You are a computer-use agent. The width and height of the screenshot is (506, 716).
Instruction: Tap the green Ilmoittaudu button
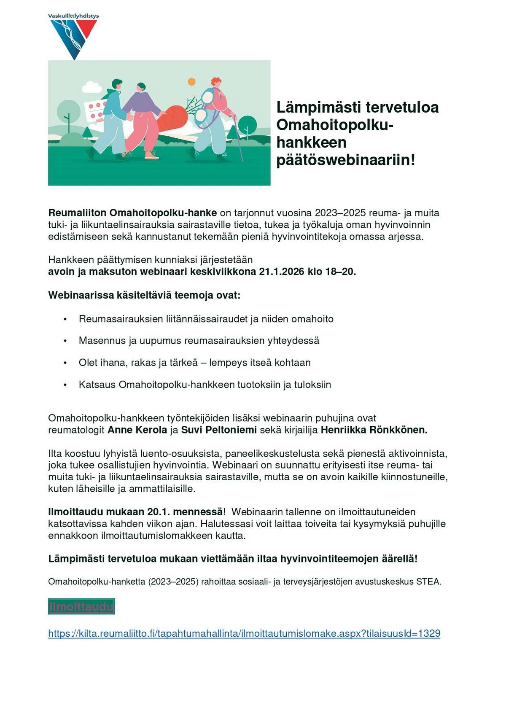pos(81,607)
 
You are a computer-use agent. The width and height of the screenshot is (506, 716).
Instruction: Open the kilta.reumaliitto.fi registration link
pos(244,633)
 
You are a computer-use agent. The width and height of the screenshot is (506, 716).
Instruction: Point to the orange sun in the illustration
pos(191,81)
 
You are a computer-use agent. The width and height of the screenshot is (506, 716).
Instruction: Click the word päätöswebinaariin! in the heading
pos(346,160)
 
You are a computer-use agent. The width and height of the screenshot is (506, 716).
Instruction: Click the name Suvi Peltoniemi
pos(219,430)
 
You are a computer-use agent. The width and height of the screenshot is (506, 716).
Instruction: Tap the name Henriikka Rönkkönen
pos(374,430)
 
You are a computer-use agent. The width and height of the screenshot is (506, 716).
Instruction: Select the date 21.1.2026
pos(282,272)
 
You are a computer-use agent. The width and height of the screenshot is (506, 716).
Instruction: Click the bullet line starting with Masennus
pos(199,341)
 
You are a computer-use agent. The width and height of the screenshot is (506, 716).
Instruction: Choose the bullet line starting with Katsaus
pos(205,385)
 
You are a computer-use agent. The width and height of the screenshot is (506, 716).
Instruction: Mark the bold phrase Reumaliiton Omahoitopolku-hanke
pos(132,213)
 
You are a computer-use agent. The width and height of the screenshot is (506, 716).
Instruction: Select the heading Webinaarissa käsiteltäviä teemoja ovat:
pos(144,295)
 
